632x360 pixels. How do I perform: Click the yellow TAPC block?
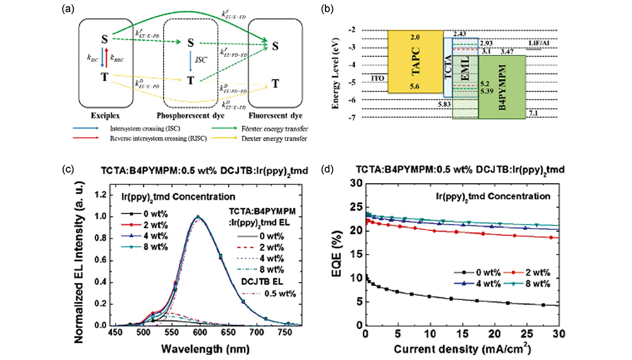(x=414, y=62)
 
